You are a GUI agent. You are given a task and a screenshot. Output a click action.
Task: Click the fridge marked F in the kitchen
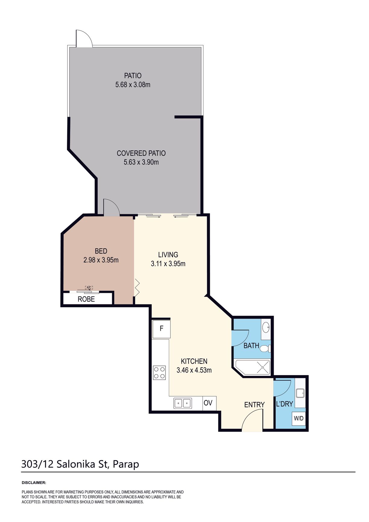click(161, 329)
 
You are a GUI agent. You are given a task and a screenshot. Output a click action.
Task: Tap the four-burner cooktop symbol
click(159, 372)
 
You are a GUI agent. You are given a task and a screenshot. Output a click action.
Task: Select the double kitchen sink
click(183, 403)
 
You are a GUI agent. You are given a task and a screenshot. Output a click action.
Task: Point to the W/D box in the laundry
click(299, 419)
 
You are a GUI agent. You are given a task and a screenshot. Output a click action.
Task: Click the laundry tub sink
click(300, 393)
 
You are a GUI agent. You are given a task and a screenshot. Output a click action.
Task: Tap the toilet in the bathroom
click(265, 349)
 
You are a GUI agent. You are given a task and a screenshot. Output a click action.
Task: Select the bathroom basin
click(266, 327)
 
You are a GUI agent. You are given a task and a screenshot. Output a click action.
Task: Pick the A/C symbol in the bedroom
click(89, 287)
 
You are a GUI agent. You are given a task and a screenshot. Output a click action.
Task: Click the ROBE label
click(86, 299)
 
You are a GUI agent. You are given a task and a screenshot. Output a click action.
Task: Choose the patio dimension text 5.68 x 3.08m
click(133, 85)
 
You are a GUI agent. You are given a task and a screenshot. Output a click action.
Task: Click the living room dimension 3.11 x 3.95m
click(168, 264)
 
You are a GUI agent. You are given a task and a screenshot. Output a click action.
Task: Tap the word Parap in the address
click(126, 464)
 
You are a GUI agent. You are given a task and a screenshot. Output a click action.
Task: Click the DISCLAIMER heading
click(34, 483)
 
